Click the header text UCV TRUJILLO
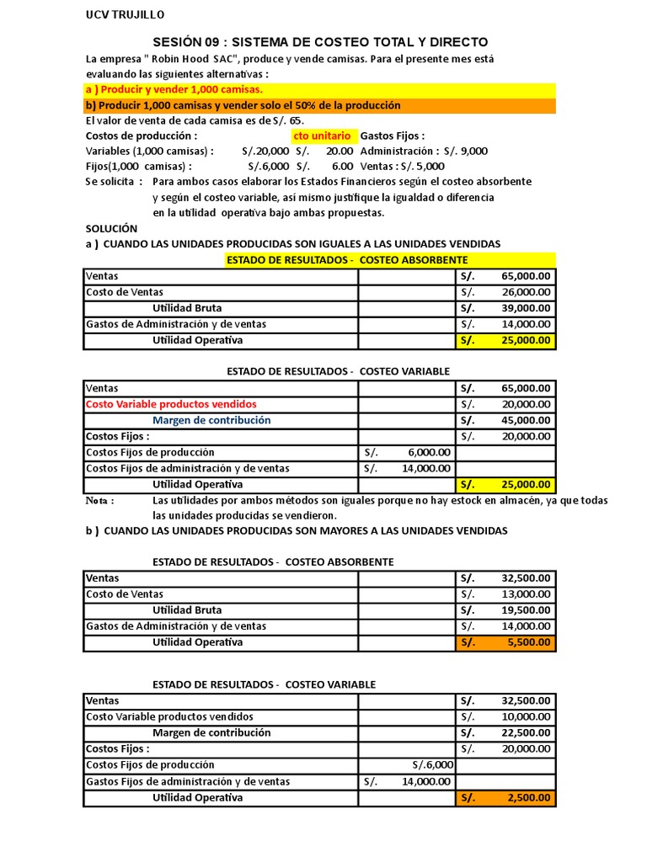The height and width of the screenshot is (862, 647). tap(126, 15)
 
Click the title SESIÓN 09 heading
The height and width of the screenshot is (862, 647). tap(319, 42)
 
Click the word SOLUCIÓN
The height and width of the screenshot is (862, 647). tap(111, 228)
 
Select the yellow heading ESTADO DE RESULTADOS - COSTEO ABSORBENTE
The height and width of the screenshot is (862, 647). tap(347, 259)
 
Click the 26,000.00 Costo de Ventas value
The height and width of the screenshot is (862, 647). tap(526, 292)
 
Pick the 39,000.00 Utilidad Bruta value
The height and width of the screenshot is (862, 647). tap(526, 308)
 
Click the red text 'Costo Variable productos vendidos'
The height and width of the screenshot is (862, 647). tap(171, 404)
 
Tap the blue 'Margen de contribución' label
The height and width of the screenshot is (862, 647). tap(211, 420)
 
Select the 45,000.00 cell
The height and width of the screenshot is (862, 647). tap(526, 420)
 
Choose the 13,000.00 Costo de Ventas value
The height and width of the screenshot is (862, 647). tap(526, 594)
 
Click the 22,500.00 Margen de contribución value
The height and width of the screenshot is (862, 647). tap(526, 732)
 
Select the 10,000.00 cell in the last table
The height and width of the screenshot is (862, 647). tap(526, 716)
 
